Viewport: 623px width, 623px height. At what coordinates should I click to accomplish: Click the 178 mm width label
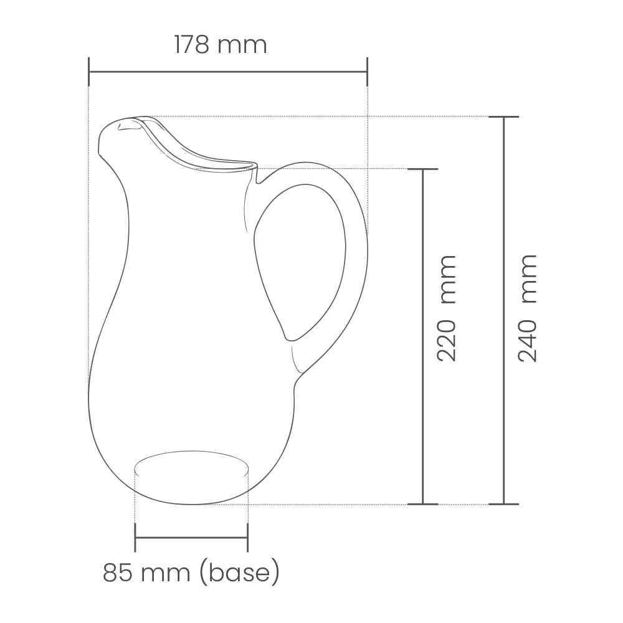pos(221,45)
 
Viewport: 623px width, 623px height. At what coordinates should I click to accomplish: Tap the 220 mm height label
pos(447,308)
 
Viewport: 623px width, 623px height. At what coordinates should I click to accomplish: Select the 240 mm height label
pos(528,308)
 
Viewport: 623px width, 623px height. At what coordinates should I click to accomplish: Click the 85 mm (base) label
pos(191,572)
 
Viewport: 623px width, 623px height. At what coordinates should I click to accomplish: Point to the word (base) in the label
pos(240,573)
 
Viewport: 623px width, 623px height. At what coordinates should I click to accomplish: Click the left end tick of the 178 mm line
pos(89,72)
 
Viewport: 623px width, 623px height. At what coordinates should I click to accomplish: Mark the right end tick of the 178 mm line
pos(367,72)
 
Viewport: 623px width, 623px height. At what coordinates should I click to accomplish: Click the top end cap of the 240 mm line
pos(503,117)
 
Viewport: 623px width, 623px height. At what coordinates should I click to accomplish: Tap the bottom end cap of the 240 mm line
pos(503,503)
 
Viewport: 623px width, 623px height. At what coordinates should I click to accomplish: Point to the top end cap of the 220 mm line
pos(423,169)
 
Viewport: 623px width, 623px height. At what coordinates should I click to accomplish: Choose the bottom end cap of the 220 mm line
pos(423,503)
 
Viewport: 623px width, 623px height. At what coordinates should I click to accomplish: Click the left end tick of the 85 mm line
pos(135,538)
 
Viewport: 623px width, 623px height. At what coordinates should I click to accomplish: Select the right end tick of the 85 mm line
pos(247,538)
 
